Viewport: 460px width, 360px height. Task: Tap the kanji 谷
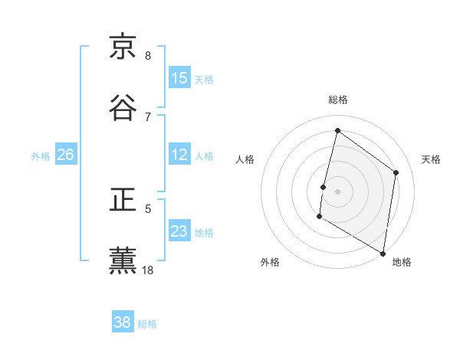[123, 106]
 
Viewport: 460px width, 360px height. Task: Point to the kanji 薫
[123, 260]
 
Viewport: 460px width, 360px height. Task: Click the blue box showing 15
[179, 78]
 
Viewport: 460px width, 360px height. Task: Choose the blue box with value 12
[179, 155]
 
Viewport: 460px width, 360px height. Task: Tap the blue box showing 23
[179, 231]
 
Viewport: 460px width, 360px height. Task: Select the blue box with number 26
[66, 155]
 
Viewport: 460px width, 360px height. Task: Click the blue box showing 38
[123, 322]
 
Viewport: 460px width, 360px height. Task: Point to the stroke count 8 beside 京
[148, 56]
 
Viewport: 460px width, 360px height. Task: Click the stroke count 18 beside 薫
[148, 270]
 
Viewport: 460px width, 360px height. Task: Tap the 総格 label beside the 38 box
[147, 324]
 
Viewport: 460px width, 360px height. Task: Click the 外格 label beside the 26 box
[41, 156]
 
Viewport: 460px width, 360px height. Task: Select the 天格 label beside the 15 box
[204, 80]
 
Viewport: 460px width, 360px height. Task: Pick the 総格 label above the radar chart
[338, 100]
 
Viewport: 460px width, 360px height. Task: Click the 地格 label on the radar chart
[402, 262]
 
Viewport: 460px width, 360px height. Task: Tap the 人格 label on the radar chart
[245, 159]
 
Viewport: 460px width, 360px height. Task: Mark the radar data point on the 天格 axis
[396, 172]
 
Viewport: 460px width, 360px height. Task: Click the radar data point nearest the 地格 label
[383, 254]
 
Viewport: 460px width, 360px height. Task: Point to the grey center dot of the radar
[338, 191]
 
